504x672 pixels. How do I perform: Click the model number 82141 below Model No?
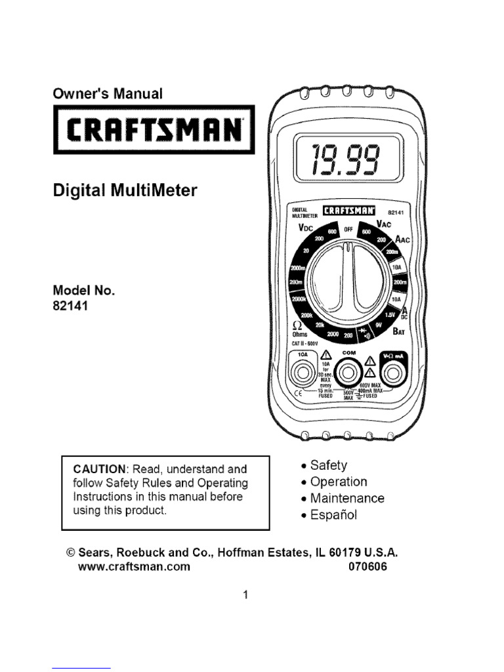point(70,305)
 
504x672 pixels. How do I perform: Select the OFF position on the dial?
point(349,229)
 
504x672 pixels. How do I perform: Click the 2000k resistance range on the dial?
point(299,300)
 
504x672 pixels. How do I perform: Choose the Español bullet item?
point(333,514)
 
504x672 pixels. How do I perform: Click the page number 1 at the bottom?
point(245,595)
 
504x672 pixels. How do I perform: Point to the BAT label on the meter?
point(400,331)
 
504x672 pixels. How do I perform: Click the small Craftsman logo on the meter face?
point(350,211)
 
